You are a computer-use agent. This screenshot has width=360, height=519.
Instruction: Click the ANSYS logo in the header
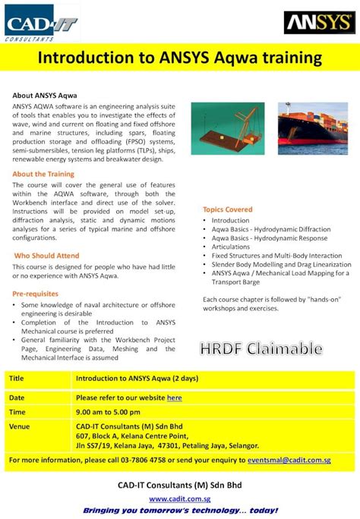coord(317,24)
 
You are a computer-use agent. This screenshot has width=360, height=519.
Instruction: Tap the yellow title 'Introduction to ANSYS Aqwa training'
coord(180,58)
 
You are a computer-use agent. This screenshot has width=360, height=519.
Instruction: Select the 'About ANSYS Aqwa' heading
coord(44,96)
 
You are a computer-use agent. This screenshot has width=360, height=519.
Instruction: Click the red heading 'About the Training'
coord(43,174)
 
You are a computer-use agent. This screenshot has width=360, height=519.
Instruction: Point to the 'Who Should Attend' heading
coord(46,256)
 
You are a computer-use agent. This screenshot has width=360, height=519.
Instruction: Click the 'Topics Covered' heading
coord(228,209)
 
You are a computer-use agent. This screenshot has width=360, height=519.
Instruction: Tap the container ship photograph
coord(312,134)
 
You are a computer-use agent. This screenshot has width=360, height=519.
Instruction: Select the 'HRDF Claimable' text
coord(261,349)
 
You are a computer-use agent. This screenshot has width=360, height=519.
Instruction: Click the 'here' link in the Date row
coord(175,398)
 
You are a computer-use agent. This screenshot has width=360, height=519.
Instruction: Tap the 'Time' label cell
coord(17,411)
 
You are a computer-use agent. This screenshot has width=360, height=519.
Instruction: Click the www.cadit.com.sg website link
coord(179,499)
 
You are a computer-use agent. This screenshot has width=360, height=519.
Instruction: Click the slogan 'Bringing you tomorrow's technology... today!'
coord(180,511)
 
